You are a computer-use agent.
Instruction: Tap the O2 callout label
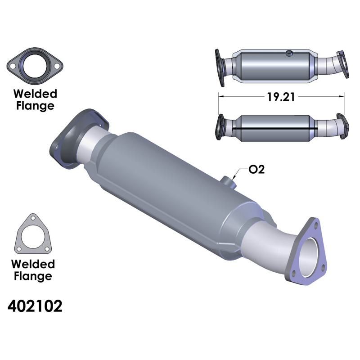point(256,170)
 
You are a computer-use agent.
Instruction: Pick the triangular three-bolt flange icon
point(34,234)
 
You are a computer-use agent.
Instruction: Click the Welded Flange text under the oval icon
point(35,100)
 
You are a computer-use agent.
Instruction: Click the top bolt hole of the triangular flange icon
point(32,218)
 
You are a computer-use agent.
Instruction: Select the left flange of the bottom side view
point(221,126)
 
